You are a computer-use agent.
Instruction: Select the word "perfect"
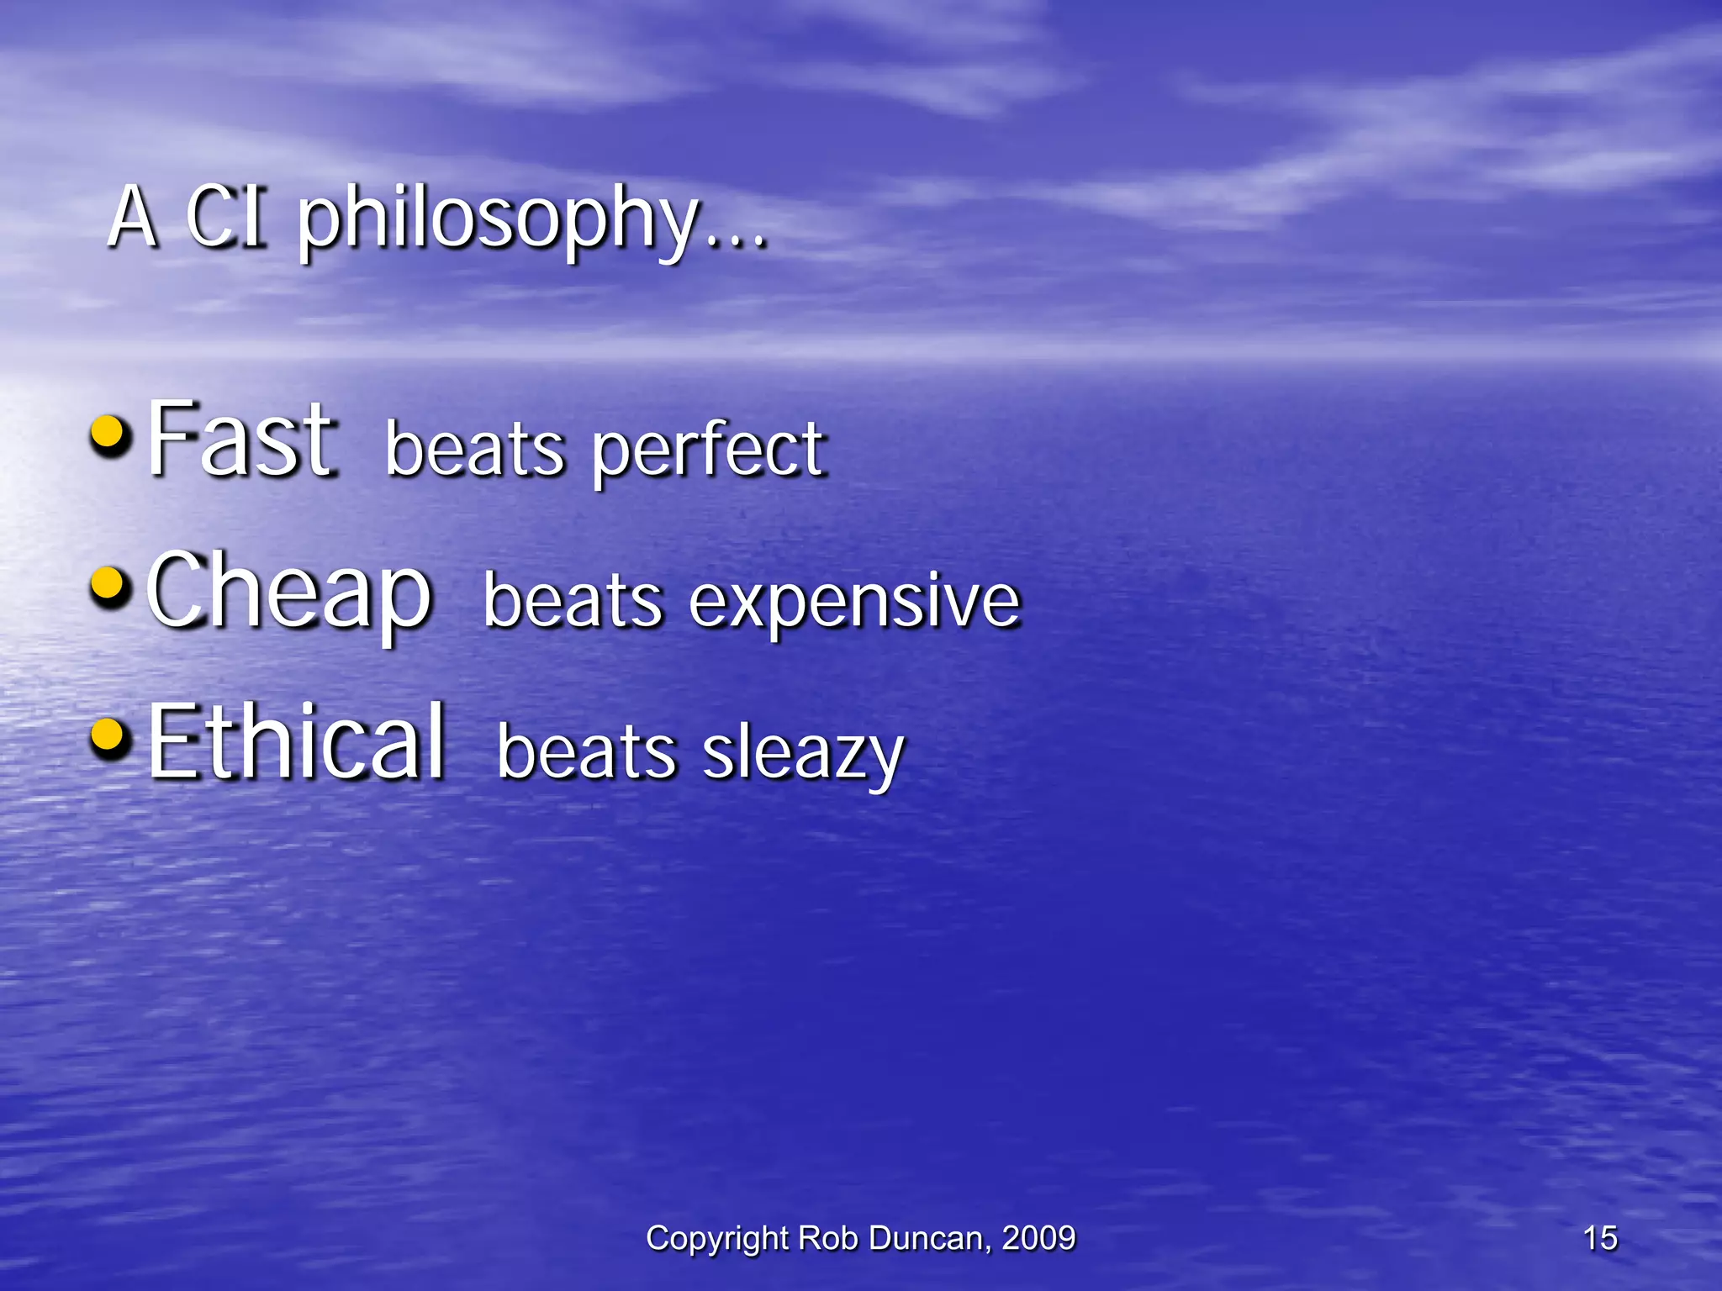pos(709,450)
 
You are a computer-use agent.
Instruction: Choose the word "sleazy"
pos(803,752)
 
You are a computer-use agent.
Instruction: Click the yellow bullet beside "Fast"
pos(110,435)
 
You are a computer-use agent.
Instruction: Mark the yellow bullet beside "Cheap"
pos(110,586)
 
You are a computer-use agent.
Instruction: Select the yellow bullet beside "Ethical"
pos(110,737)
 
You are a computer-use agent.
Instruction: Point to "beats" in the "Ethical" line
pos(587,752)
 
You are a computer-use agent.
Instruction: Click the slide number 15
pos(1600,1238)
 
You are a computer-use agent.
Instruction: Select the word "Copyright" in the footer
pos(716,1239)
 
